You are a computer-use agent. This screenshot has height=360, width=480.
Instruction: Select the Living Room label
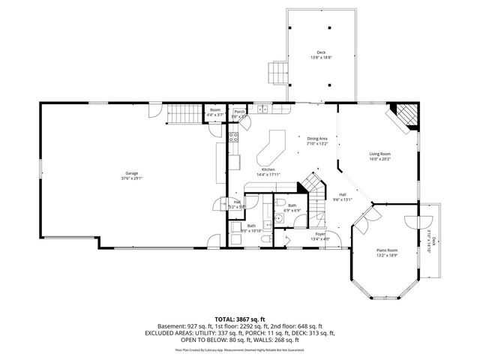tap(379, 156)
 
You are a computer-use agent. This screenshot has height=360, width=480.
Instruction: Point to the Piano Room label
tap(386, 253)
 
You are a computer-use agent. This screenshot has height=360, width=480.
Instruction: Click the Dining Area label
tap(317, 140)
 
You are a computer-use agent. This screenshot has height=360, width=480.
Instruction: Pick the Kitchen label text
tap(268, 172)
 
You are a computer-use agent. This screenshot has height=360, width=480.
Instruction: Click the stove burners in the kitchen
tap(233, 137)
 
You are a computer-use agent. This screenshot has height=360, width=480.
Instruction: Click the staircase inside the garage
tap(181, 114)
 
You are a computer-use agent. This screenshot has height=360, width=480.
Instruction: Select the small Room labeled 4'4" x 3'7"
tap(215, 113)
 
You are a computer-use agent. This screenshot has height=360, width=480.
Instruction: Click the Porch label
tap(238, 113)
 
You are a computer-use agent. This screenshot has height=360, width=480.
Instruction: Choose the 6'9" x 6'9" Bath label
tap(292, 207)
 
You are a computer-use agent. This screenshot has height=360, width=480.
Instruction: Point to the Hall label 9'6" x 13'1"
tap(342, 196)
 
